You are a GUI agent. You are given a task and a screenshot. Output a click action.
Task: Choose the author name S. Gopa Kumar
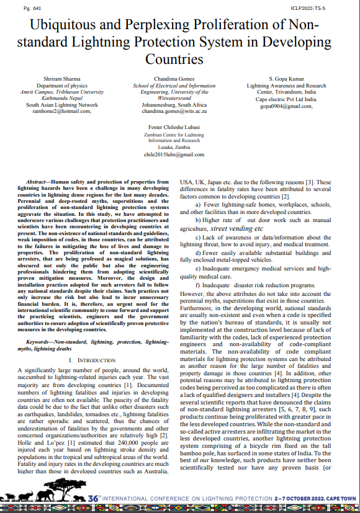click(x=286, y=79)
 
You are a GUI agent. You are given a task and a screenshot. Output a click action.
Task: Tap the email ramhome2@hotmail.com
click(x=61, y=112)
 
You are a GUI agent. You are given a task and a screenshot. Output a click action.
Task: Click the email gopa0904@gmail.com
click(x=286, y=106)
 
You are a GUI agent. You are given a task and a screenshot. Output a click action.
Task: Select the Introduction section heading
click(x=92, y=360)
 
